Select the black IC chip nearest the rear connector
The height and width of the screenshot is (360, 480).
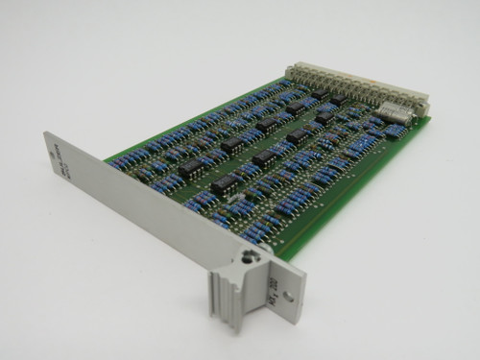pyautogui.click(x=338, y=98)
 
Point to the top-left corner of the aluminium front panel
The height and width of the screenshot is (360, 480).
pyautogui.click(x=46, y=133)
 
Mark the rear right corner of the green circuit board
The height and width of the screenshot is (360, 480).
pyautogui.click(x=429, y=120)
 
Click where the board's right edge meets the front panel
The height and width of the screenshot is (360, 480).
pyautogui.click(x=278, y=252)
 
